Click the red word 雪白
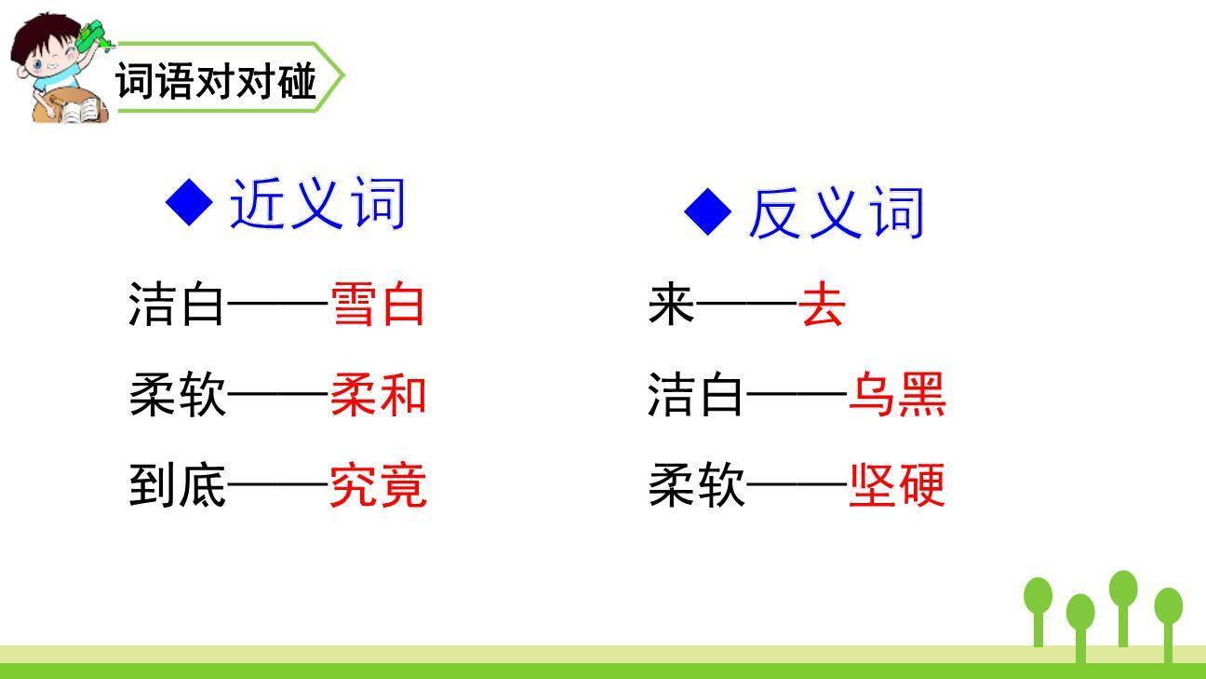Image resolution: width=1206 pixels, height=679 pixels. [x=378, y=305]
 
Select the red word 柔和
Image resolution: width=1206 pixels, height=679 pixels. [x=378, y=396]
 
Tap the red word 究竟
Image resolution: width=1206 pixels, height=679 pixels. [x=378, y=486]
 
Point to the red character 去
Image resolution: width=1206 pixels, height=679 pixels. [x=823, y=305]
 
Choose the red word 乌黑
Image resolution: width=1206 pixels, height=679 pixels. [x=897, y=396]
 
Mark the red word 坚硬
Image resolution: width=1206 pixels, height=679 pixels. [x=897, y=486]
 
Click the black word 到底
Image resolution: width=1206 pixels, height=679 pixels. [x=177, y=486]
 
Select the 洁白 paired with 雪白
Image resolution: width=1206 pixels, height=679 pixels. [x=177, y=305]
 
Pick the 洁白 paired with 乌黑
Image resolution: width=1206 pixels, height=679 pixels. [x=696, y=396]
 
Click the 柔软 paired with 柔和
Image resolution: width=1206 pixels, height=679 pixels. [x=177, y=396]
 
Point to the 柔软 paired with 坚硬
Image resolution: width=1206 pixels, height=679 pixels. [x=696, y=486]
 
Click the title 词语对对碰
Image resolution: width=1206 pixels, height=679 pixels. [x=216, y=82]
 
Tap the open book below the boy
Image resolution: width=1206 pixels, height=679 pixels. [x=80, y=111]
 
